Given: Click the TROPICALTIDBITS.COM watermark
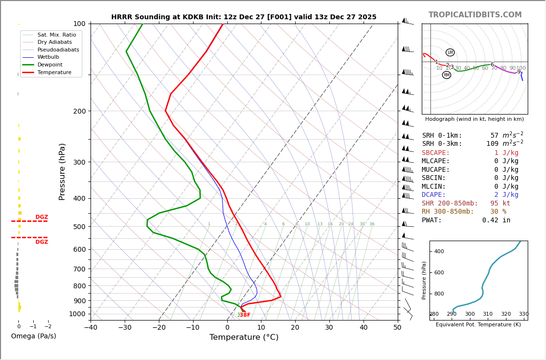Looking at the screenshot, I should [x=475, y=15].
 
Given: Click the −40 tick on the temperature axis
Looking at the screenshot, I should [x=91, y=328].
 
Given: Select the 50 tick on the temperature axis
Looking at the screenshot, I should [x=397, y=328].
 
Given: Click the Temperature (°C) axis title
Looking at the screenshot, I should [x=244, y=338].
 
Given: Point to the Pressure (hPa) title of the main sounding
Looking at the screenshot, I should [x=63, y=171].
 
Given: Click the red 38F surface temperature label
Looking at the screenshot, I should [x=245, y=315].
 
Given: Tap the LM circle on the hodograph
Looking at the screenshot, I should [x=450, y=52].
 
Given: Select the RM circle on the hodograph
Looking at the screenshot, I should [x=446, y=75].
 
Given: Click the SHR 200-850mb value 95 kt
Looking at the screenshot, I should [x=500, y=204].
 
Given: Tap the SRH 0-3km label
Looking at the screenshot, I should [x=442, y=144].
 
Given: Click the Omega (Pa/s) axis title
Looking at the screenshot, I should [x=34, y=336].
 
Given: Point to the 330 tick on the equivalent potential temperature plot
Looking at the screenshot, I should [x=524, y=314].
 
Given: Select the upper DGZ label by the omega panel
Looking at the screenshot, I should [x=41, y=217].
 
